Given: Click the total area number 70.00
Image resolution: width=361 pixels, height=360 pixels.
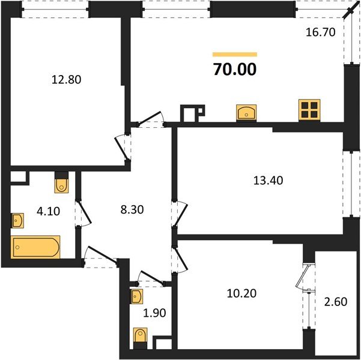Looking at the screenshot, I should pyautogui.click(x=234, y=70).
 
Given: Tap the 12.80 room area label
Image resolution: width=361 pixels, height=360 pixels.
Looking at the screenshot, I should pyautogui.click(x=66, y=78).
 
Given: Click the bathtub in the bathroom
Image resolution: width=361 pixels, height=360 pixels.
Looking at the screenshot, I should pyautogui.click(x=36, y=247).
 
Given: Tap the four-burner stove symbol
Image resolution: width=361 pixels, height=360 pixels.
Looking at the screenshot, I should pyautogui.click(x=309, y=109).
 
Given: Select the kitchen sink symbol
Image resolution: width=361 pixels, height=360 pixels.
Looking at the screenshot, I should pyautogui.click(x=247, y=112).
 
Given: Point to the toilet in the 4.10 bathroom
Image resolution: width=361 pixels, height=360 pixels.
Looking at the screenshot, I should pyautogui.click(x=61, y=183).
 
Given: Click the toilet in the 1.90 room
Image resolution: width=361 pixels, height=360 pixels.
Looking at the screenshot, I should pyautogui.click(x=141, y=336).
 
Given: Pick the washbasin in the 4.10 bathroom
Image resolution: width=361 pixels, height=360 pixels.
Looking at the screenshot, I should pyautogui.click(x=17, y=221).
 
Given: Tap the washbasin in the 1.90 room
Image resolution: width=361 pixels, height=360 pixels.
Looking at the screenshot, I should pyautogui.click(x=137, y=296).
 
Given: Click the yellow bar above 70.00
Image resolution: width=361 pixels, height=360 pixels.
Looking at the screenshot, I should pyautogui.click(x=234, y=54).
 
